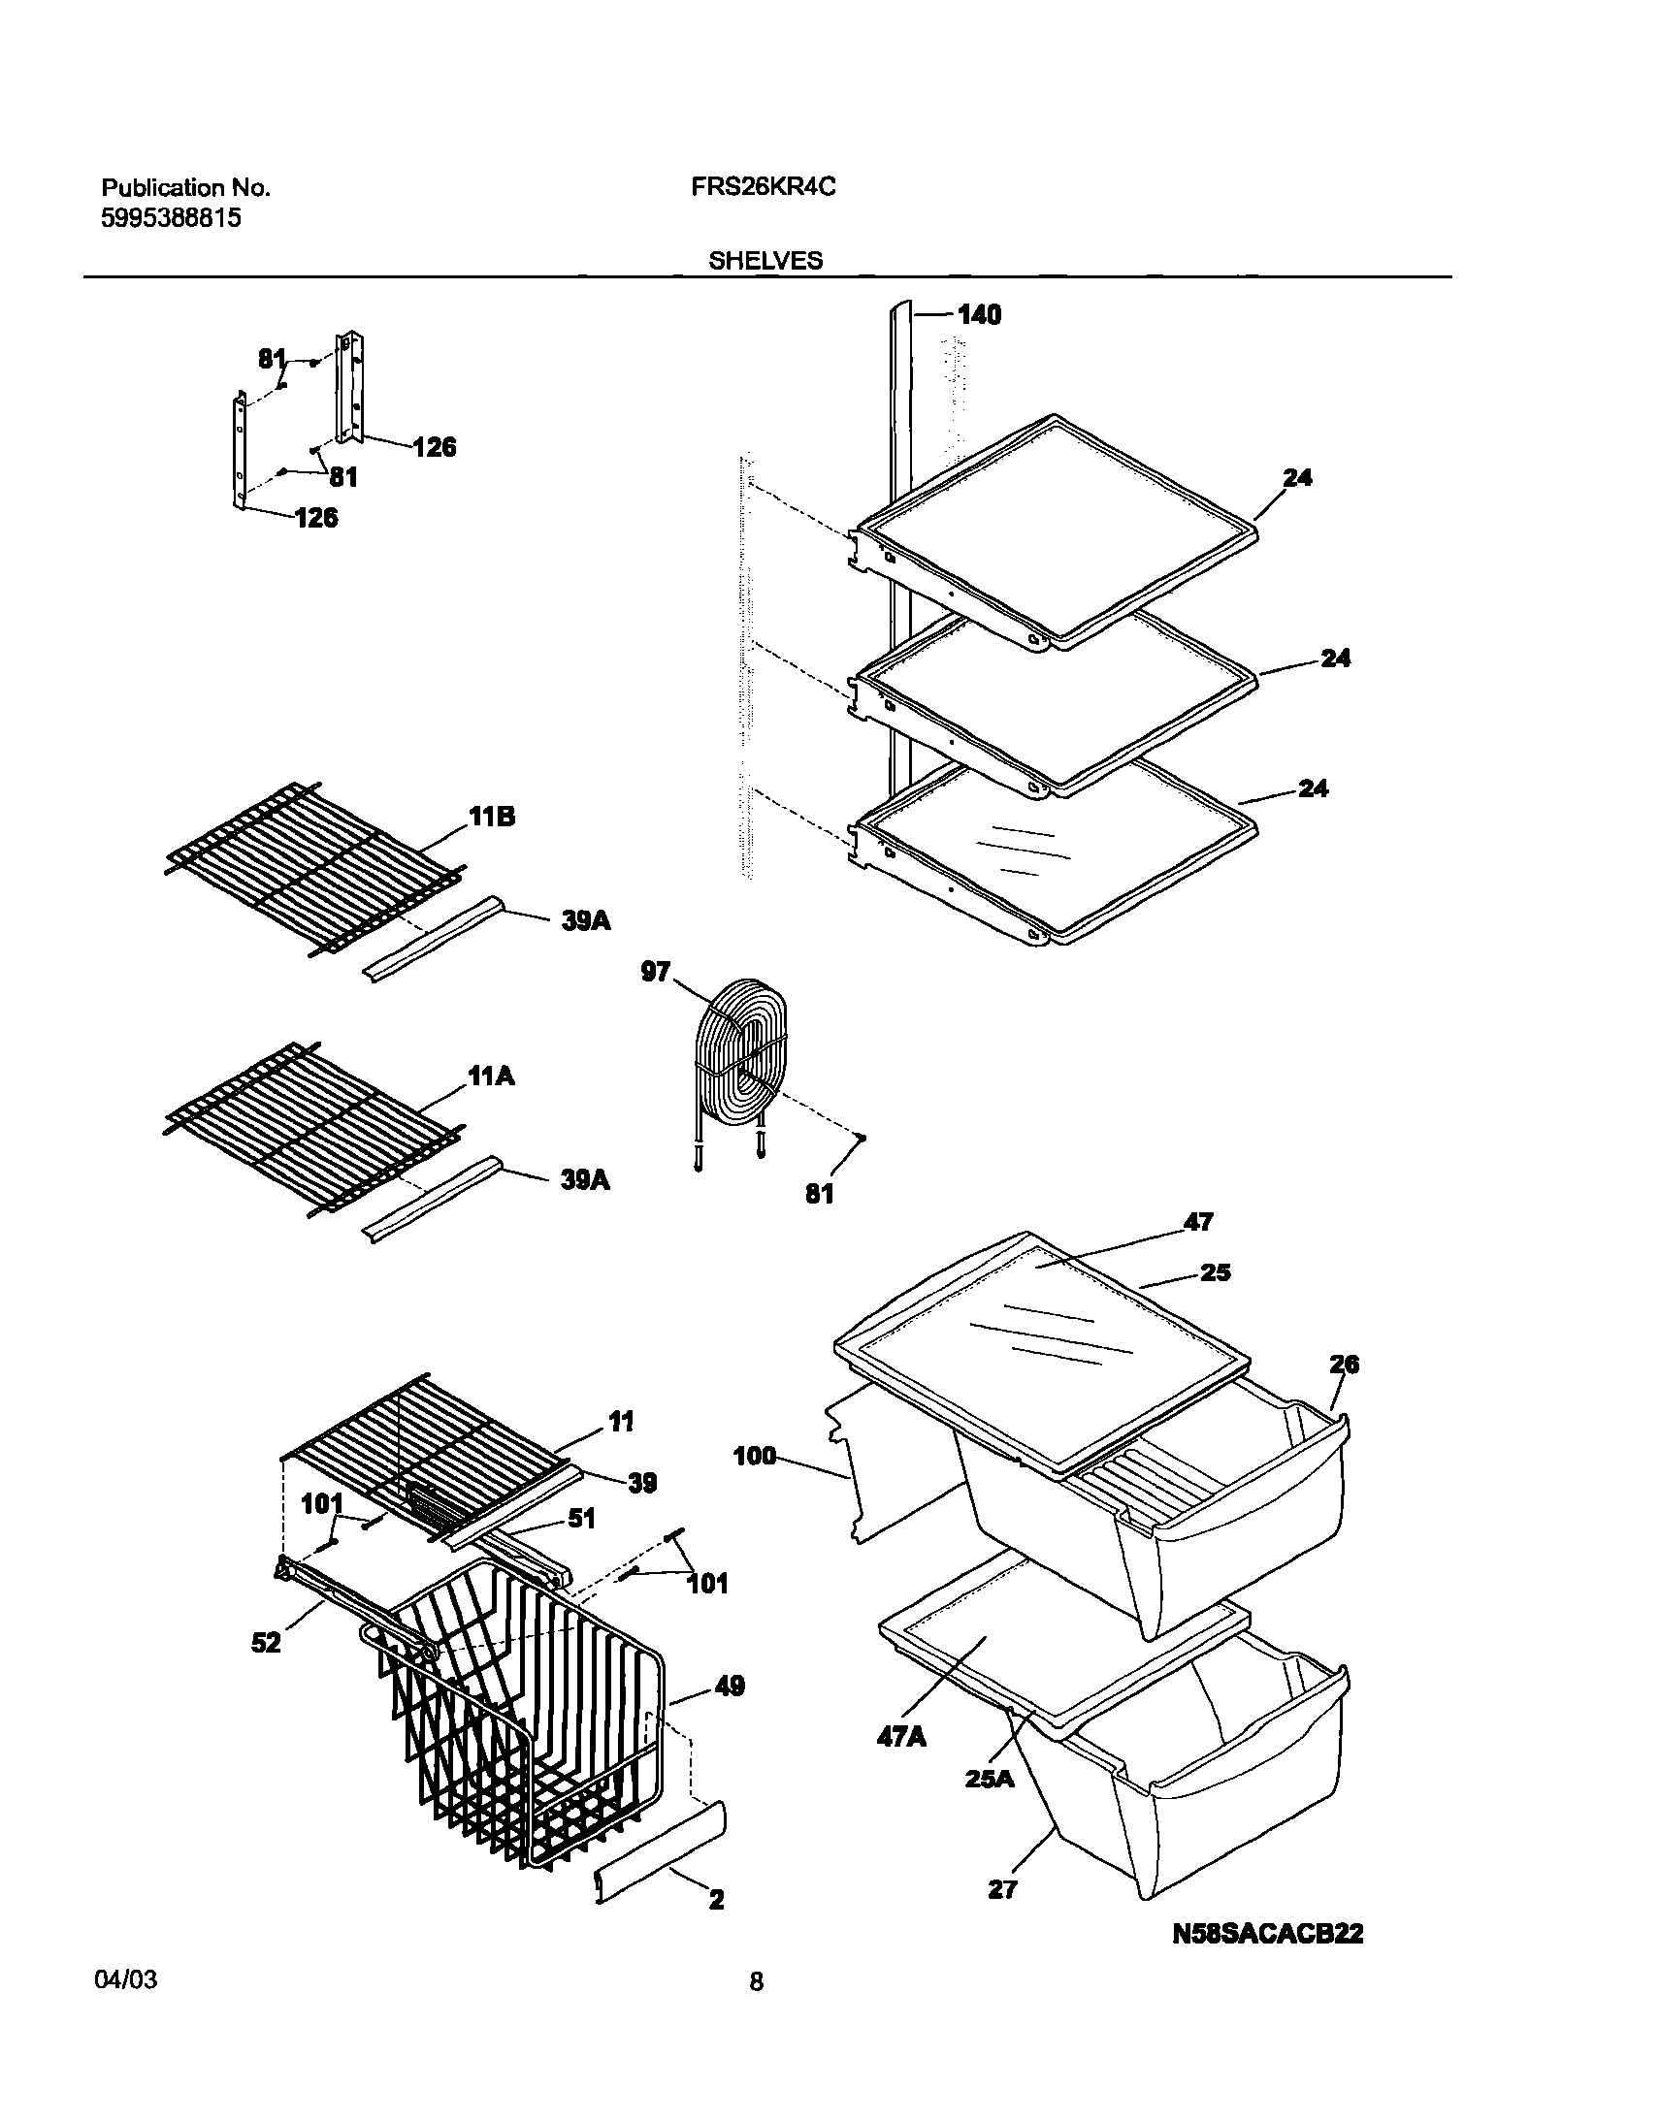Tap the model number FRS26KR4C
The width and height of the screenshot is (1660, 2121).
click(x=763, y=187)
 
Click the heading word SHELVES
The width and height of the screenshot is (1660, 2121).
click(x=765, y=260)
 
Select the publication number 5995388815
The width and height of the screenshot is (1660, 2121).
click(x=171, y=217)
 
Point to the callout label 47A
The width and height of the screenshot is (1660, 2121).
click(x=901, y=1736)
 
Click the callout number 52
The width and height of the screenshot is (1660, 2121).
click(x=266, y=1643)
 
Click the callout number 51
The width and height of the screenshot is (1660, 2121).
click(x=581, y=1519)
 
